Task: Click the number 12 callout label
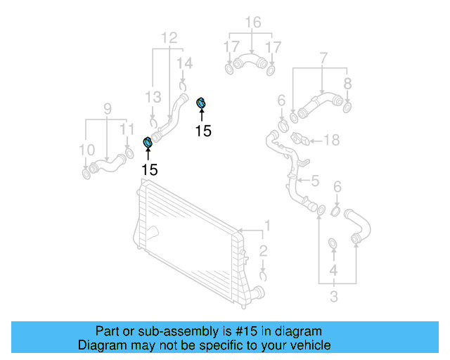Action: click(169, 37)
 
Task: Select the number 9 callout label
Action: click(107, 108)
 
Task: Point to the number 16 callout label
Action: click(252, 22)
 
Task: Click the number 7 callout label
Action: click(323, 57)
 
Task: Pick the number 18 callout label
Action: click(330, 141)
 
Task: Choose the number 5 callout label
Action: click(315, 181)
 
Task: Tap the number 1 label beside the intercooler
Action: click(266, 226)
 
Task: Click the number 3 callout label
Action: click(333, 297)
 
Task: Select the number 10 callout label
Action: click(86, 149)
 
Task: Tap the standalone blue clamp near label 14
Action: click(200, 104)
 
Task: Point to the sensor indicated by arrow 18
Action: click(298, 137)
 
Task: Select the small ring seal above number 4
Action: click(333, 244)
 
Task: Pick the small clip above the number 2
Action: click(262, 273)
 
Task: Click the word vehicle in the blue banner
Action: click(309, 345)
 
